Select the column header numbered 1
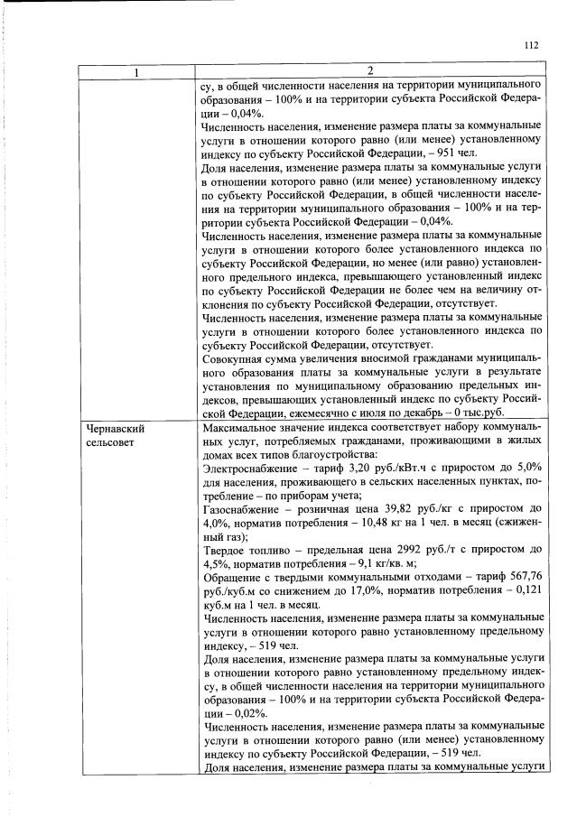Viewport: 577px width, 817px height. [x=136, y=71]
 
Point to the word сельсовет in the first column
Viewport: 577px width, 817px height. [x=110, y=442]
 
